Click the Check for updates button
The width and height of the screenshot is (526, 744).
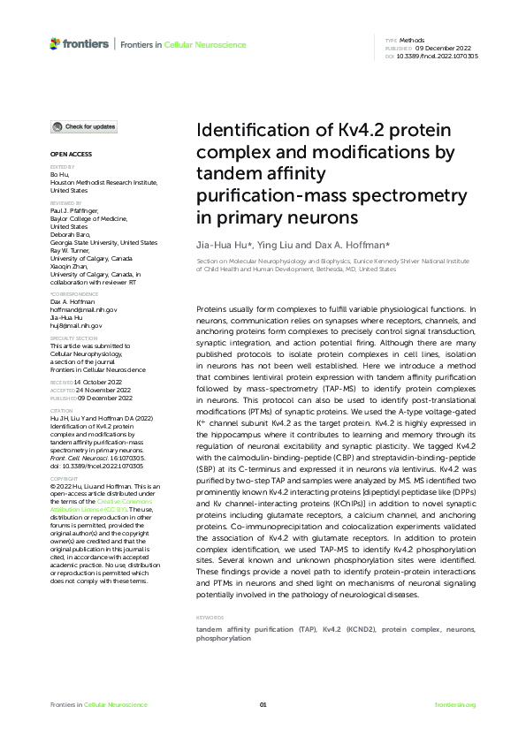pos(85,126)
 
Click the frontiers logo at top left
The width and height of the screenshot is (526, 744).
pos(80,43)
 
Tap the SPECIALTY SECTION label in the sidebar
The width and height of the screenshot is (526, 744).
pos(73,338)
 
